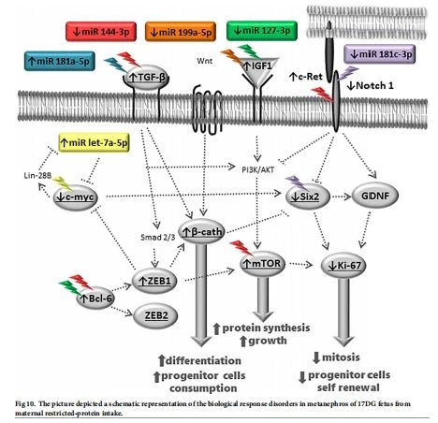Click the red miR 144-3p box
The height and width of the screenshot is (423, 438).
click(x=101, y=32)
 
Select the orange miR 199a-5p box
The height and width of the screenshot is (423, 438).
click(x=181, y=32)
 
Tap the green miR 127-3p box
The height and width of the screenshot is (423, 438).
click(x=262, y=31)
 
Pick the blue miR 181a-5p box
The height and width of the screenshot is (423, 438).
click(x=60, y=61)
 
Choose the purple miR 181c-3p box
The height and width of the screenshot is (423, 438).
click(x=379, y=54)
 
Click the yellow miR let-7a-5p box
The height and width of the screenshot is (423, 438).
click(x=94, y=143)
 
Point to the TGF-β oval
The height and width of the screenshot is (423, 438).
click(x=147, y=77)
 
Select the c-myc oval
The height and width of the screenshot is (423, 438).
click(x=75, y=197)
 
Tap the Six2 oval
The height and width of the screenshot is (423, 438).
click(x=308, y=197)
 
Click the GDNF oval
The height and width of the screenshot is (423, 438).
click(x=375, y=196)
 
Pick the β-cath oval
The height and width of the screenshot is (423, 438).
click(x=201, y=232)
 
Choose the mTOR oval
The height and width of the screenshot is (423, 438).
click(x=263, y=264)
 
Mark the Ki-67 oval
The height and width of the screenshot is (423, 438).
click(x=343, y=266)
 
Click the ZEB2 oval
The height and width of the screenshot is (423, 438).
click(x=155, y=315)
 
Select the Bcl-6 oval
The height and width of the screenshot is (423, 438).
click(x=95, y=299)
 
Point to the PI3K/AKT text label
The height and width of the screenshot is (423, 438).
click(x=258, y=169)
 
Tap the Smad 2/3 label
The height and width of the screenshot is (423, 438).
click(x=158, y=238)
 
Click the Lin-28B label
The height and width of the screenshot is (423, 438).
click(x=37, y=176)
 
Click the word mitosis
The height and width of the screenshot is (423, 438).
click(x=341, y=357)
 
